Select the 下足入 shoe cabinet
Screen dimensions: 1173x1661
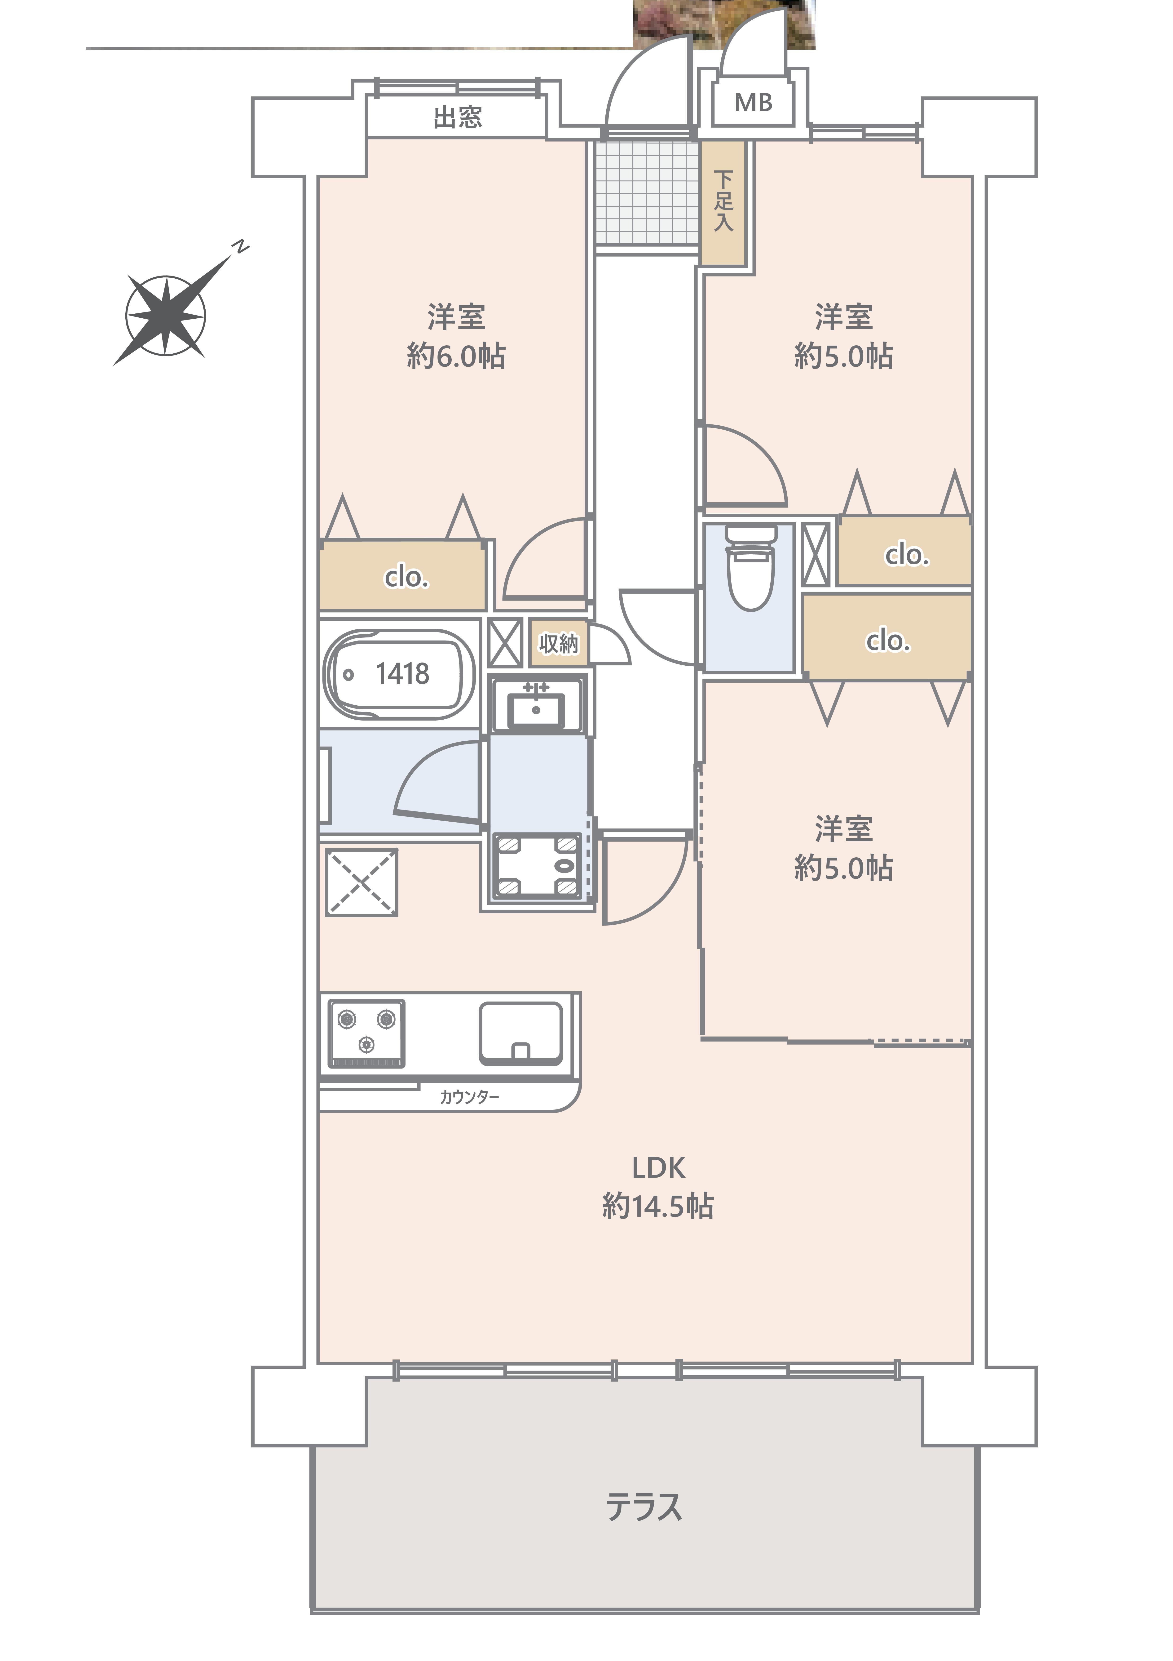[x=723, y=203]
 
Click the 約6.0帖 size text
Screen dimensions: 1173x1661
[x=456, y=356]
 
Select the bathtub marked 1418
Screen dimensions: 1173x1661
[x=399, y=674]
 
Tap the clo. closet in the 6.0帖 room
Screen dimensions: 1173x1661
[x=403, y=575]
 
